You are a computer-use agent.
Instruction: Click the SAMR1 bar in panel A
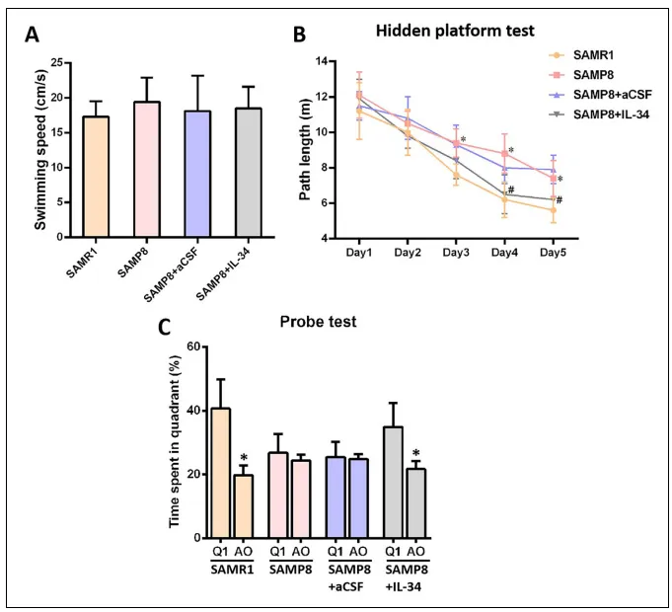click(95, 177)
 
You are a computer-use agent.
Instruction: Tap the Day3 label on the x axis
click(456, 252)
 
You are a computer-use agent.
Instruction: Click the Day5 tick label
click(554, 252)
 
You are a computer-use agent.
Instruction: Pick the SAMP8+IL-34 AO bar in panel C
click(416, 502)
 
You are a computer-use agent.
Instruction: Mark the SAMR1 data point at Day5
click(554, 209)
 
